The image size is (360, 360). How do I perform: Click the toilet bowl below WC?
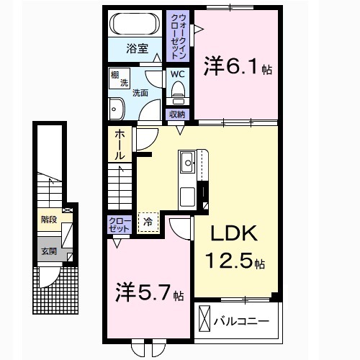pos(178,89)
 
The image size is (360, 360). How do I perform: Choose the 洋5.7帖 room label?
pos(150,293)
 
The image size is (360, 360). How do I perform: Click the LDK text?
pos(232,235)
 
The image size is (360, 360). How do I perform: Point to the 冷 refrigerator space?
pos(148,222)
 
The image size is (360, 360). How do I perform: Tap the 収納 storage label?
pos(177,114)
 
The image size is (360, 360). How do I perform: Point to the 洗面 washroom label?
pos(140,92)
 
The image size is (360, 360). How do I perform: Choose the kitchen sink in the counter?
pos(187,163)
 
